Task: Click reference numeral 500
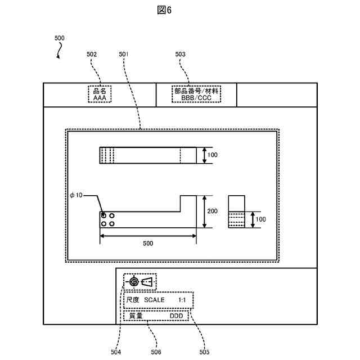(59, 38)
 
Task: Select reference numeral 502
(92, 54)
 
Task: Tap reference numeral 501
(124, 54)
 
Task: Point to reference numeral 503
(181, 54)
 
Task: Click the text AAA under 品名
(100, 97)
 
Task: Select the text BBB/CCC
(196, 97)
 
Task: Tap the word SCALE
(155, 300)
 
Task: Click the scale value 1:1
(182, 300)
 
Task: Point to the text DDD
(177, 316)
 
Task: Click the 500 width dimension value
(147, 244)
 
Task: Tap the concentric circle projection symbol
(133, 282)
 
